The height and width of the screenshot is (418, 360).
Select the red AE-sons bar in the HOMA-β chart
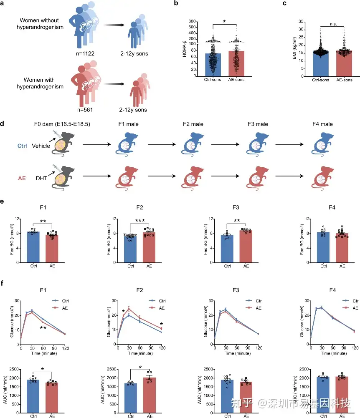click(x=236, y=63)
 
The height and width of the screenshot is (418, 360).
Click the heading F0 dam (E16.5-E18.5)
click(x=62, y=124)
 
